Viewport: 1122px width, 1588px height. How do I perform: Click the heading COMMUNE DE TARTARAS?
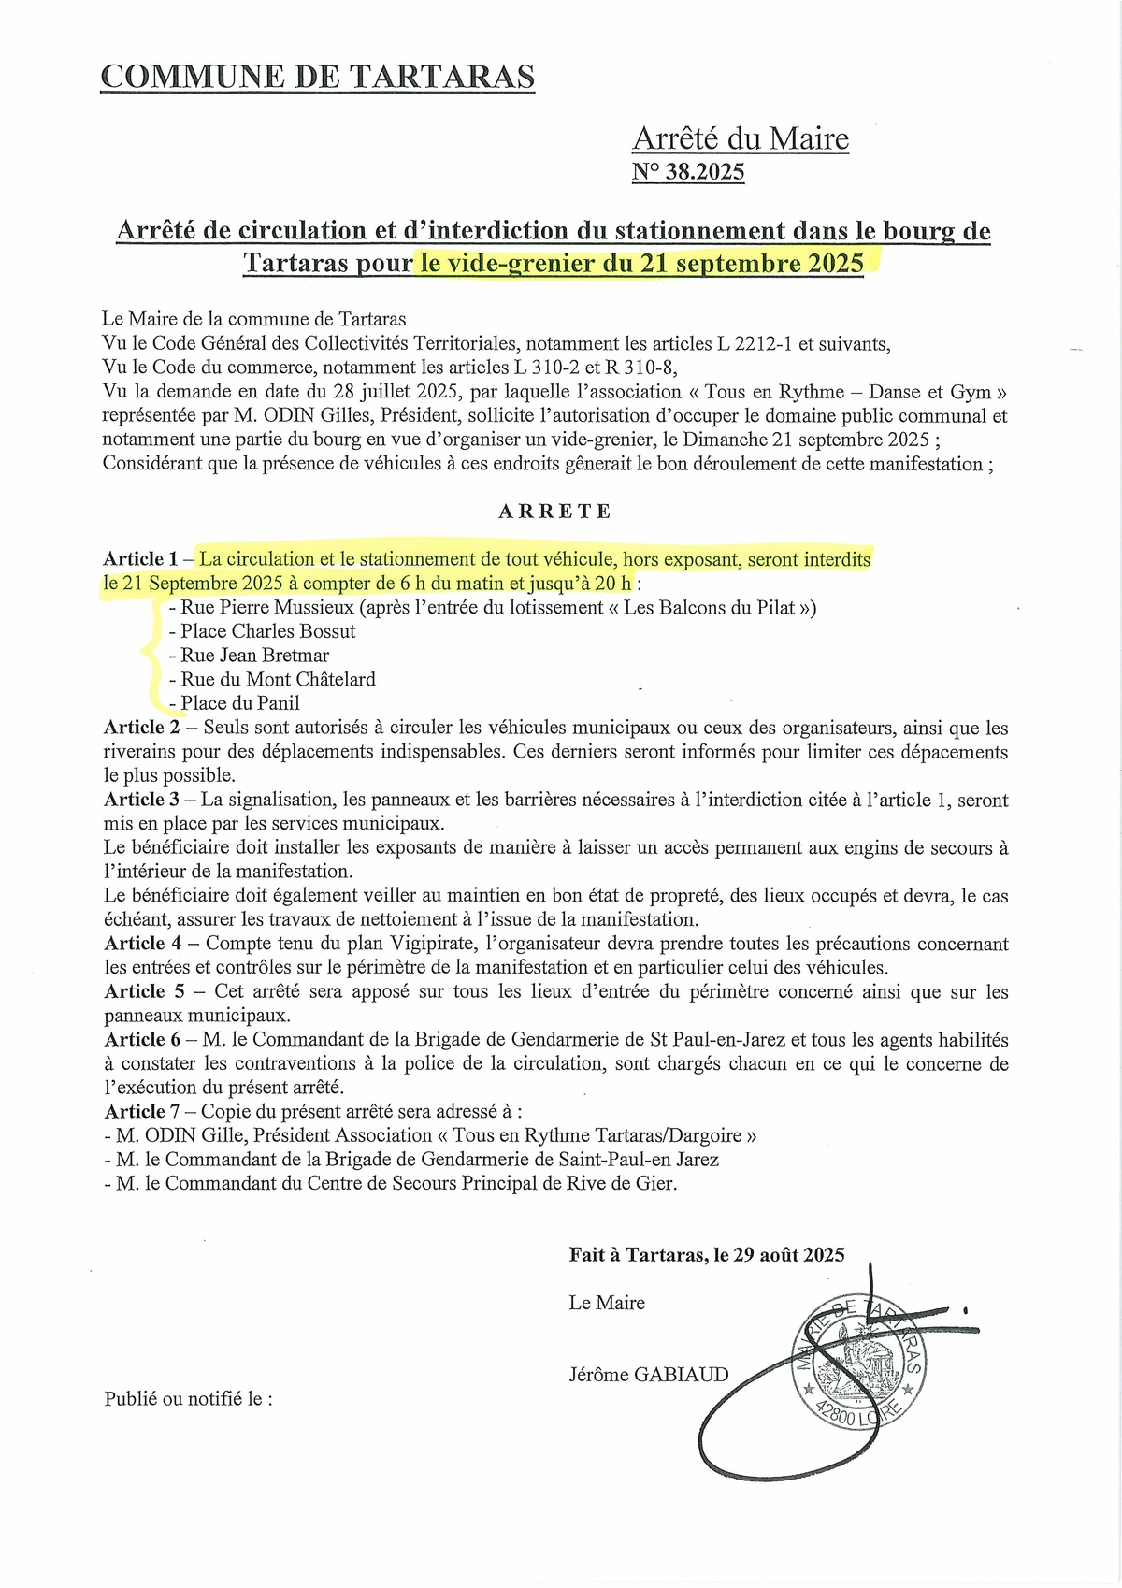[x=317, y=77]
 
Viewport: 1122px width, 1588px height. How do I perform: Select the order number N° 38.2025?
[x=688, y=171]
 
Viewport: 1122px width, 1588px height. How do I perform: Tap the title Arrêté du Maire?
[x=741, y=138]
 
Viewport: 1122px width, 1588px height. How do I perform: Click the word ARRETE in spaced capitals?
[x=555, y=512]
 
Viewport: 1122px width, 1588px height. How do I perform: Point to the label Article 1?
[x=141, y=559]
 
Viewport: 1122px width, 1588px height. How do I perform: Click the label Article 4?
[x=142, y=944]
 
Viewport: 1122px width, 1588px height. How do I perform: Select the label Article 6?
[x=142, y=1040]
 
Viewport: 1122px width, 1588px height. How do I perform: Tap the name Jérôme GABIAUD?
[x=648, y=1375]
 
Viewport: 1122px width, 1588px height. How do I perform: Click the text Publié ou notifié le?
[x=188, y=1399]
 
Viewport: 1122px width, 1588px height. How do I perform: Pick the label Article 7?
[x=142, y=1112]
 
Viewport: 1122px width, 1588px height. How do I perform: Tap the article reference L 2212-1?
[x=755, y=344]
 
